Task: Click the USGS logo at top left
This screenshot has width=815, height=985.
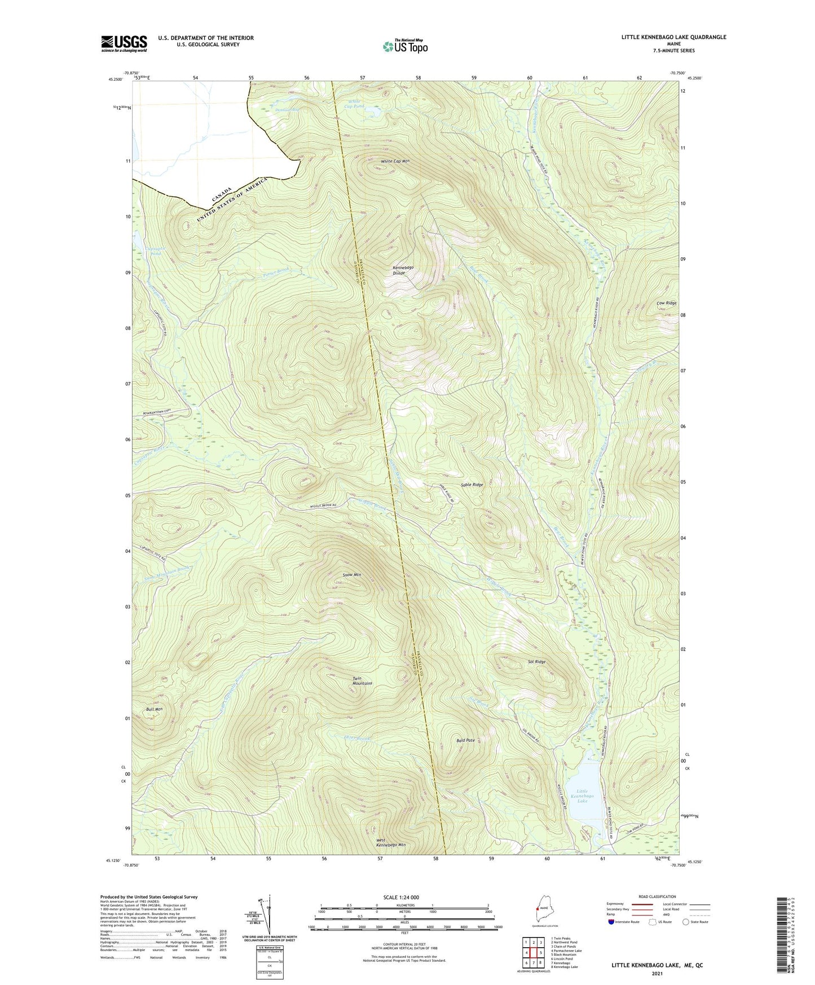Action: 124,43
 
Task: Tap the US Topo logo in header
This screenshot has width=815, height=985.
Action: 405,46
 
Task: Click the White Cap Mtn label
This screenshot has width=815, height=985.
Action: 395,161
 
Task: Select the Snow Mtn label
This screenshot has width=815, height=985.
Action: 352,575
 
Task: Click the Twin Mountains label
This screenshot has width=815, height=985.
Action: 362,680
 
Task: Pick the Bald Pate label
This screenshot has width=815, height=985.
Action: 465,740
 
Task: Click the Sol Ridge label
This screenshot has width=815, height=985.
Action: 536,662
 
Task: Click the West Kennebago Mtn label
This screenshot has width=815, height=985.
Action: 391,842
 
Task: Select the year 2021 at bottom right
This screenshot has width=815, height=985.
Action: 657,973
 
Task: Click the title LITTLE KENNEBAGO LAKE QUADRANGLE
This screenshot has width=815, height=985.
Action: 673,37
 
